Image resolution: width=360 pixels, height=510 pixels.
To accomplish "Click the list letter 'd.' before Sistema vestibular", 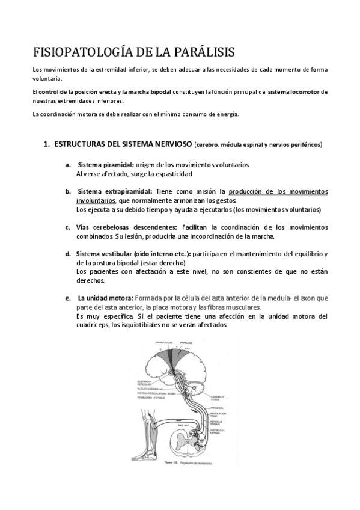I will (69, 254).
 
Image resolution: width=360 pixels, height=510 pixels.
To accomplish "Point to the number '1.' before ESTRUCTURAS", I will (46, 145).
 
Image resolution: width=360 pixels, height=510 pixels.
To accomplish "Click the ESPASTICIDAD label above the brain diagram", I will (165, 342).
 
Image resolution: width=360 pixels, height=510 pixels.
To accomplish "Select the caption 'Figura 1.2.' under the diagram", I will (168, 464).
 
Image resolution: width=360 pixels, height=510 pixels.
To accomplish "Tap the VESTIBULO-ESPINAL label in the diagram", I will (219, 431).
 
